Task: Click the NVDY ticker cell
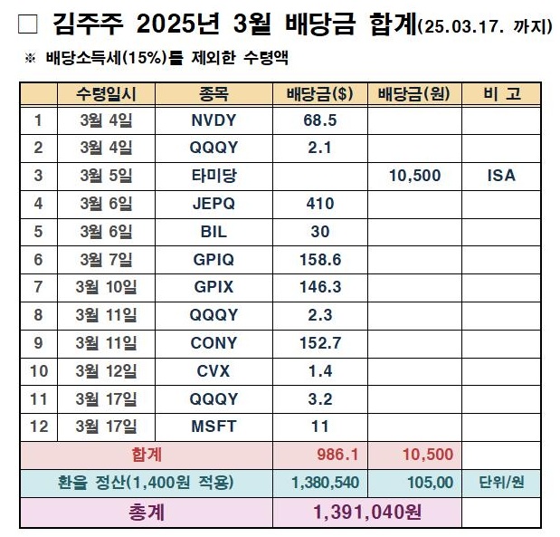(214, 120)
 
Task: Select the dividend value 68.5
(319, 120)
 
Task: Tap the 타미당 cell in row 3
(214, 176)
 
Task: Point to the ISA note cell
(500, 176)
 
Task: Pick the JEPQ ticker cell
(214, 204)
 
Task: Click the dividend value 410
(319, 204)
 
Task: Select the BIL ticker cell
(214, 232)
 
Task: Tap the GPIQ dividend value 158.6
(319, 260)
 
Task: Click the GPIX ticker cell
(214, 287)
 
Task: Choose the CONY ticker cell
(214, 343)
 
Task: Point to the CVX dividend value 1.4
(319, 370)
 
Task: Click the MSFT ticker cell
(214, 427)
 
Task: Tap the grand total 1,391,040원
(366, 512)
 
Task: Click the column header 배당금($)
(319, 94)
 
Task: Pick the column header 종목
(214, 94)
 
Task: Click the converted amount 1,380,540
(319, 483)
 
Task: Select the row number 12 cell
(38, 427)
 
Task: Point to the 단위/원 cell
(500, 483)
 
